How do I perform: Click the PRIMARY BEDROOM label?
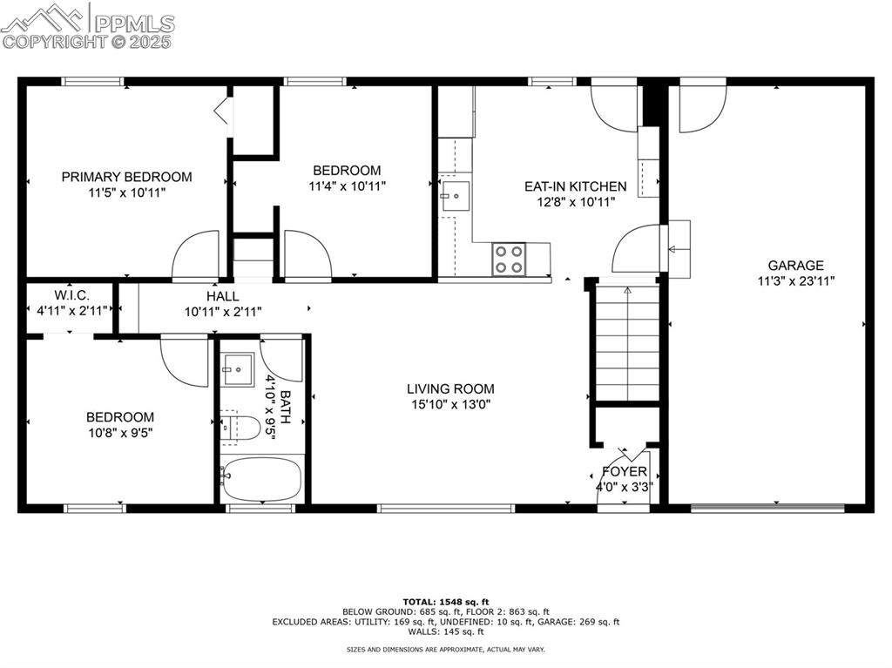tap(126, 177)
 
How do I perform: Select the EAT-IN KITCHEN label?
tap(575, 186)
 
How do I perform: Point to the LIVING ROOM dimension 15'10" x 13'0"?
tap(451, 404)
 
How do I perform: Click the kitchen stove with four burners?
tap(510, 259)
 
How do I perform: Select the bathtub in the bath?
tap(261, 480)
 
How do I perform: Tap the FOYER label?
tap(624, 472)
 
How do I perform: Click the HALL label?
tap(223, 296)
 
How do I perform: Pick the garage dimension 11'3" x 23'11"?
tap(795, 280)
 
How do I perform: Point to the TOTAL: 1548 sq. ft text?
tap(445, 602)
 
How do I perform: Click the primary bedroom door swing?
tap(196, 257)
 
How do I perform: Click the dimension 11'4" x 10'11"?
tap(347, 186)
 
